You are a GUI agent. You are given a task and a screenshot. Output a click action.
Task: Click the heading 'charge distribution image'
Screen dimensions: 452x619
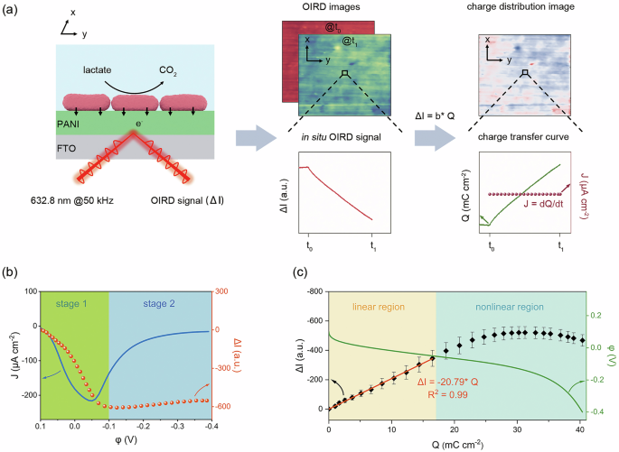pyautogui.click(x=518, y=11)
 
